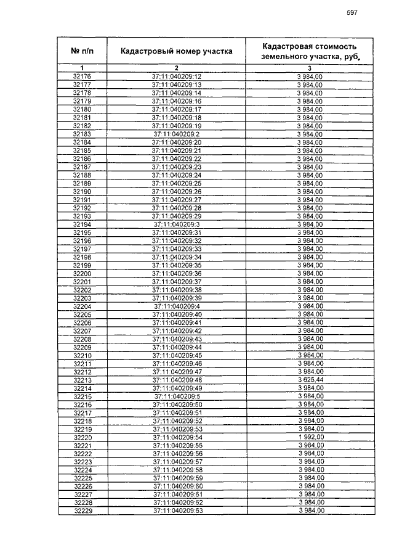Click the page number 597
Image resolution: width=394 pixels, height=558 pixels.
(352, 13)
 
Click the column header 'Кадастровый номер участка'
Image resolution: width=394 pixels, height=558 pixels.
(176, 51)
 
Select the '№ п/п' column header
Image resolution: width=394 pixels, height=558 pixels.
(82, 51)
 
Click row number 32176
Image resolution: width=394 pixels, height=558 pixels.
(82, 76)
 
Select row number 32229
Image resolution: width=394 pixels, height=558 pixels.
(82, 511)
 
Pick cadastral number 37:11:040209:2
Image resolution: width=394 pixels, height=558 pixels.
(177, 133)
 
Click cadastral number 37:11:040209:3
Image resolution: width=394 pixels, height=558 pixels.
(177, 224)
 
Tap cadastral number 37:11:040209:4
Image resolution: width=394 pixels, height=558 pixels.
(177, 306)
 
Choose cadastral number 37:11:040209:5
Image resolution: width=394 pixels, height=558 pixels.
(177, 396)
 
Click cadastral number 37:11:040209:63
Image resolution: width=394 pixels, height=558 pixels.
(177, 511)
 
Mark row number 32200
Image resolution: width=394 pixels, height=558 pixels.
(82, 273)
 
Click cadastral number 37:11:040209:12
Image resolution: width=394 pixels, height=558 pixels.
(177, 76)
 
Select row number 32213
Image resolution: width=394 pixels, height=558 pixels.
(82, 380)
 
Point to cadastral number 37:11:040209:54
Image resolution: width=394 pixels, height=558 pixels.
(177, 437)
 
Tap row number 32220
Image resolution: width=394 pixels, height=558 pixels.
(82, 437)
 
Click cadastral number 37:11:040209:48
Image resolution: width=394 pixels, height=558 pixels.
(177, 380)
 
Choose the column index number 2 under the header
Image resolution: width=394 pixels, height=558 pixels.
(176, 67)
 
